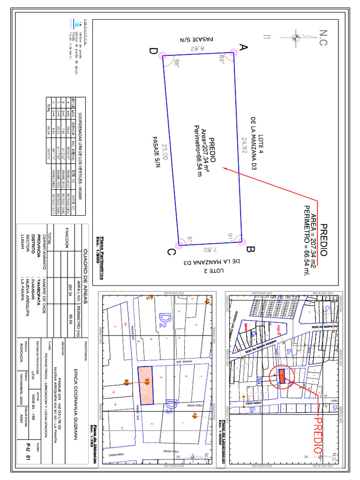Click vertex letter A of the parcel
click(x=243, y=47)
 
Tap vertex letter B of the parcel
click(x=249, y=250)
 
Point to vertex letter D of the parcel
click(x=153, y=51)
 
